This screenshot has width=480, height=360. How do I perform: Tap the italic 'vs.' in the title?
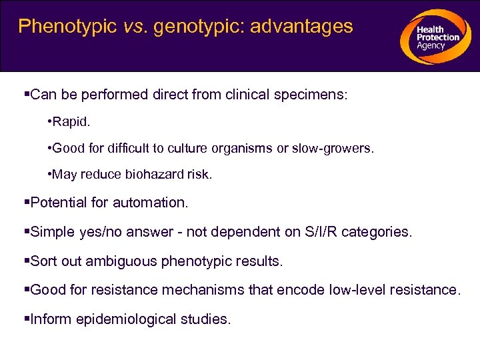click(133, 27)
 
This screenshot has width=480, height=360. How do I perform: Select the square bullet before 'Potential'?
click(27, 202)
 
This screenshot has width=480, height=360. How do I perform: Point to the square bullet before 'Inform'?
click(27, 319)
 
